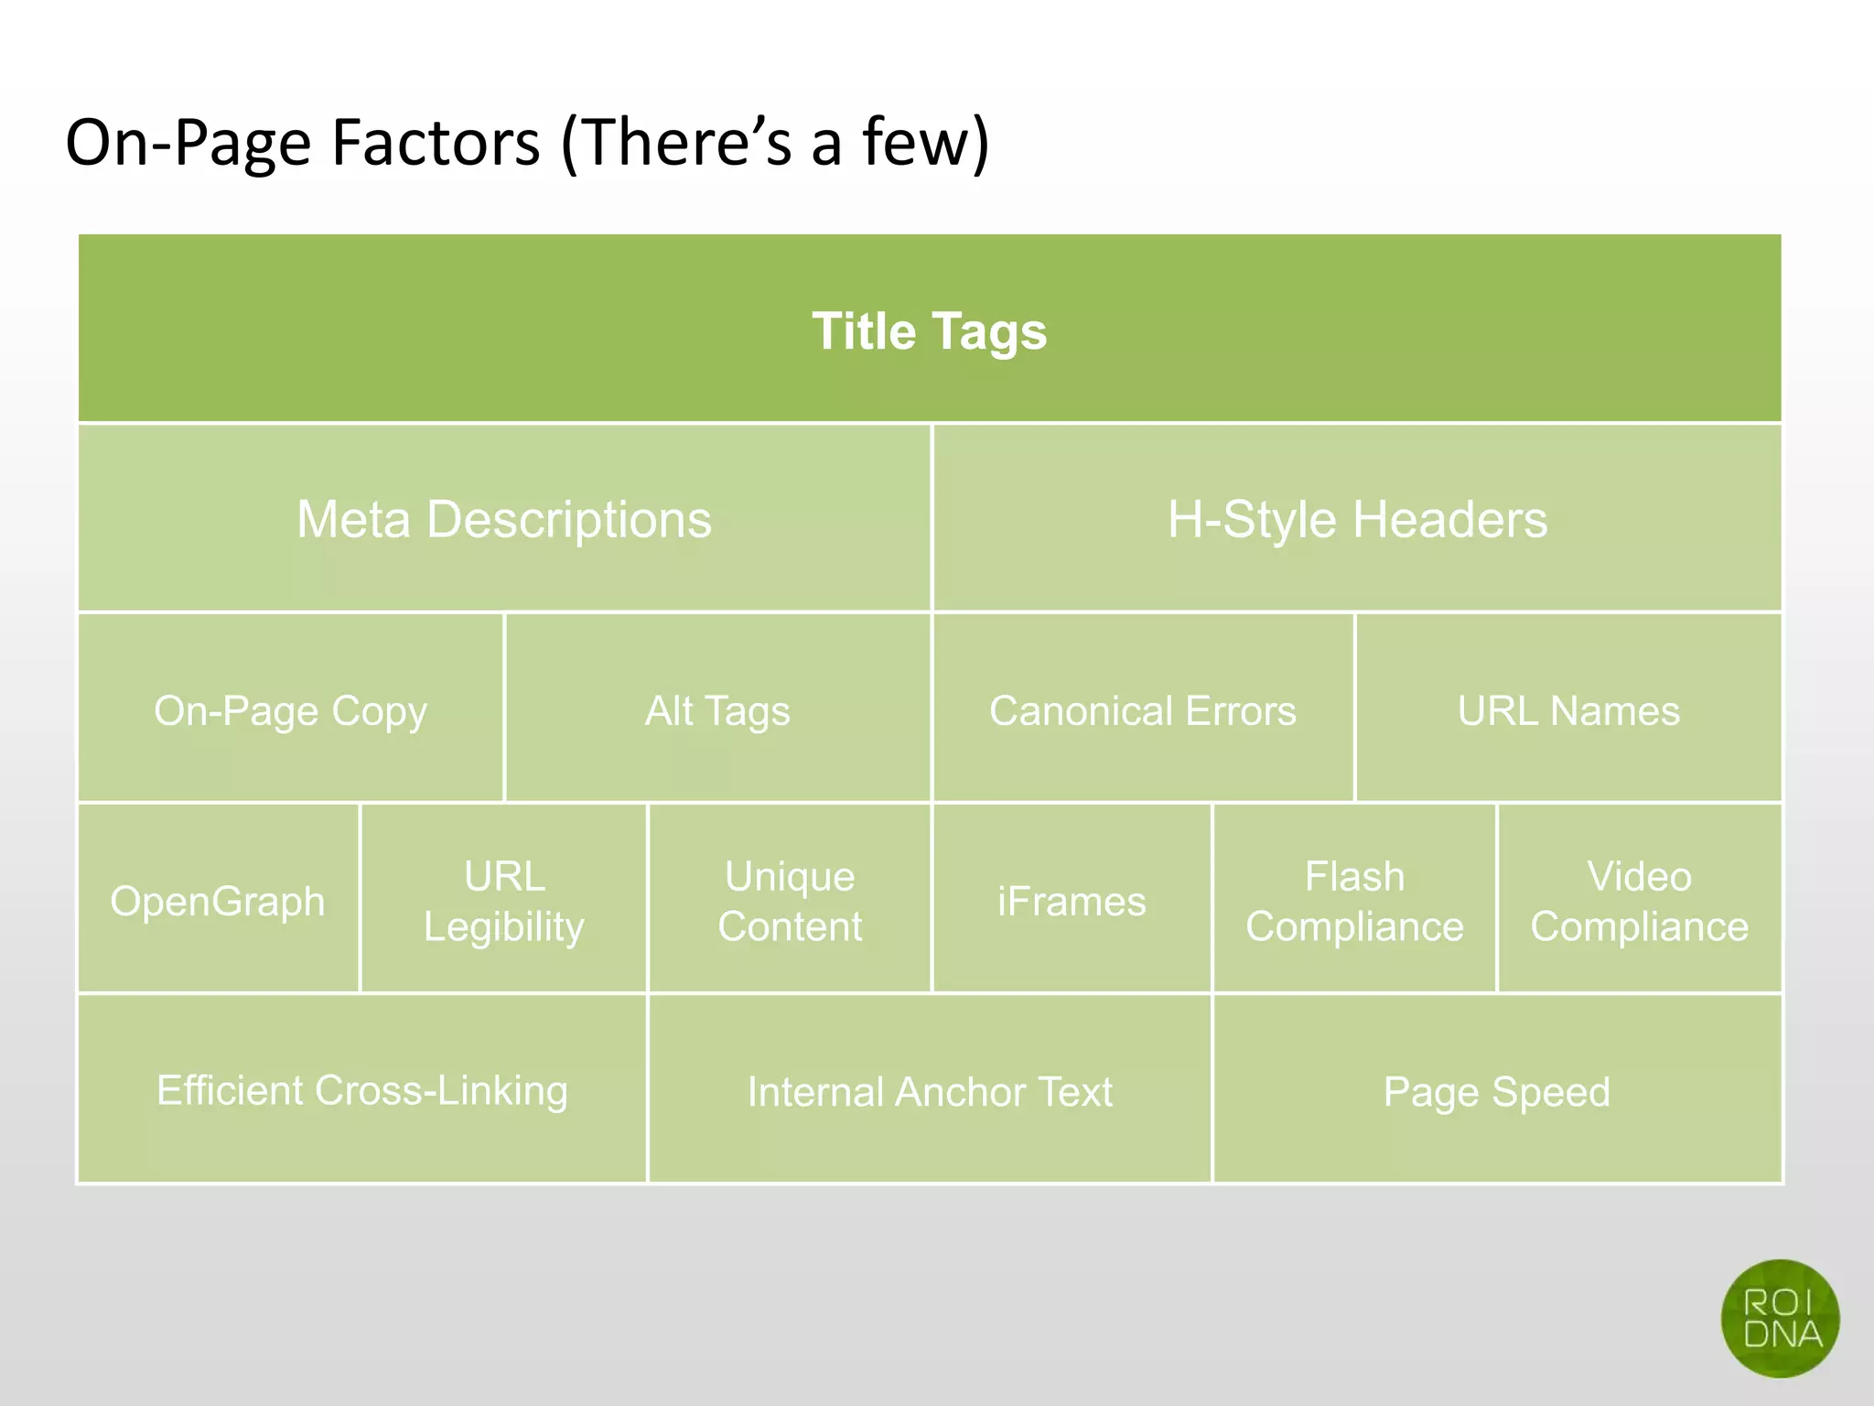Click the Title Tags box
[930, 330]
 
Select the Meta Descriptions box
[504, 519]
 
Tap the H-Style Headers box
[1357, 519]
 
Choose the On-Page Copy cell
[291, 709]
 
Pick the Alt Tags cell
[717, 709]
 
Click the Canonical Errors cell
[1143, 709]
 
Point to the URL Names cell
[1568, 709]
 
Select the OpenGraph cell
[218, 900]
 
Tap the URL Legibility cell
[504, 900]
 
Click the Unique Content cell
[790, 900]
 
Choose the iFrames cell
[1072, 900]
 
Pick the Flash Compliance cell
[1354, 900]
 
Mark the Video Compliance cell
[1640, 900]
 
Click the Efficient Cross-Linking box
[362, 1089]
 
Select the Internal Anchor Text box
[930, 1090]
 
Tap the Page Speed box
[1497, 1090]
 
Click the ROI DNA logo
[1780, 1318]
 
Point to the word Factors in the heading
[436, 143]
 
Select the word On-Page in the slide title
[188, 143]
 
